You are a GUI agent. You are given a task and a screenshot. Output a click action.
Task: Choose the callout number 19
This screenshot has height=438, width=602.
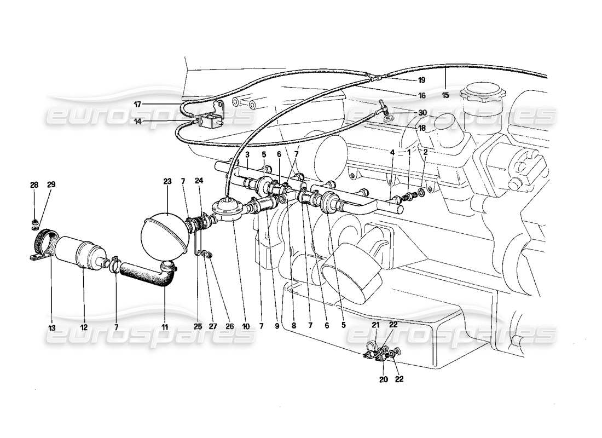[x=421, y=80]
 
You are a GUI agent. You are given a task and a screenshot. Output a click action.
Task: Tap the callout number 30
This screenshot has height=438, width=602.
[x=422, y=112]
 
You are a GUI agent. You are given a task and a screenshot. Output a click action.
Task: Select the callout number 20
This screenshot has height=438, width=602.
[x=383, y=379]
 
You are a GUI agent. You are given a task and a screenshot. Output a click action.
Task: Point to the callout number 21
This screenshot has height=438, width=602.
[x=375, y=325]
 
